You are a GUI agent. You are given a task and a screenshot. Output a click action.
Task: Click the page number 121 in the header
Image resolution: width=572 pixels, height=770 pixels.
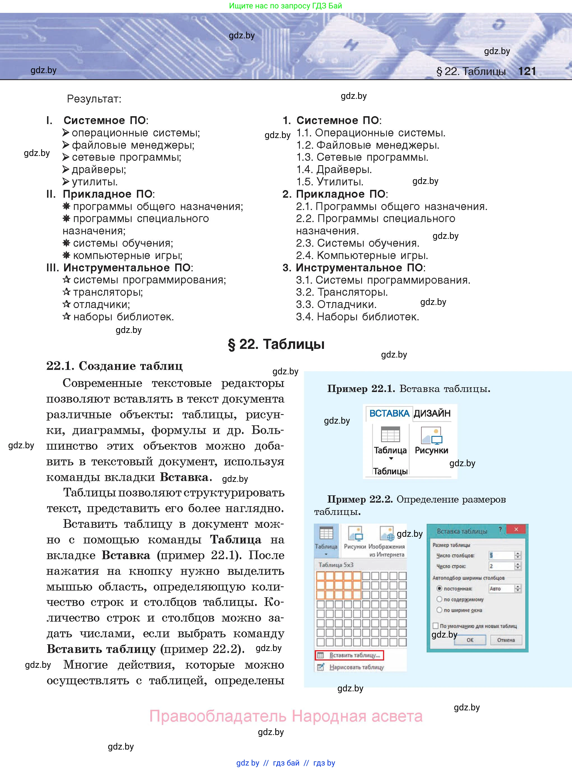(527, 71)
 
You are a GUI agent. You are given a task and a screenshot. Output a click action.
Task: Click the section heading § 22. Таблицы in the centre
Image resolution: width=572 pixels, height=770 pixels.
(276, 344)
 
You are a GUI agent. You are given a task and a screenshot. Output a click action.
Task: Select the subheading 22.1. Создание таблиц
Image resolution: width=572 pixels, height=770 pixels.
(114, 366)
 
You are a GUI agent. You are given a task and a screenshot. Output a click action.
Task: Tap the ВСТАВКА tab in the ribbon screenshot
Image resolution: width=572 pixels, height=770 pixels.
(389, 413)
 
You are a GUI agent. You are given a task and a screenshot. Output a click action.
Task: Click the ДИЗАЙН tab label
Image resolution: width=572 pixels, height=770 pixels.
(432, 413)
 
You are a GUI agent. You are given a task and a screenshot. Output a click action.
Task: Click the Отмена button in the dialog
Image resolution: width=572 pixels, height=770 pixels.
(506, 640)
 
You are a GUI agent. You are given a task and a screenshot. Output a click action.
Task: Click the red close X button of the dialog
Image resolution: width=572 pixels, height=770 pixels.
(516, 529)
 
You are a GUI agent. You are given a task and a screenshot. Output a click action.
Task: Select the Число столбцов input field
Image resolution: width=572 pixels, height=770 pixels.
(501, 555)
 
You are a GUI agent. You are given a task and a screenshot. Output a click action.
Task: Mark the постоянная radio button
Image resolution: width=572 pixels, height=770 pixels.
(439, 588)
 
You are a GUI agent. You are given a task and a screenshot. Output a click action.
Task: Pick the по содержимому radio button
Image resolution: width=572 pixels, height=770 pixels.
(439, 599)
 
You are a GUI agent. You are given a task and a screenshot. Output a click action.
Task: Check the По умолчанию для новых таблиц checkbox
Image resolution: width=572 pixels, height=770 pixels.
(436, 626)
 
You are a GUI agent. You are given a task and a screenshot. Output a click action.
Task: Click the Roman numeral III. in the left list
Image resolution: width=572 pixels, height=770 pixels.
(53, 268)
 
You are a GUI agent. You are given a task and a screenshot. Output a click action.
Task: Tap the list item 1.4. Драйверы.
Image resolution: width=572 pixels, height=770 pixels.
(334, 170)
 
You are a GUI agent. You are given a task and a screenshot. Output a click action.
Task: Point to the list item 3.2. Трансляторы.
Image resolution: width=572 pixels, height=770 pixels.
(342, 292)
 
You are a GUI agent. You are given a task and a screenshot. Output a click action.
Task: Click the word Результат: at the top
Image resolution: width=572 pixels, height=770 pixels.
(94, 99)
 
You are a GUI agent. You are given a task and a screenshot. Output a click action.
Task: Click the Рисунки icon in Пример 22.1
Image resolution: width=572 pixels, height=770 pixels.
(431, 436)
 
